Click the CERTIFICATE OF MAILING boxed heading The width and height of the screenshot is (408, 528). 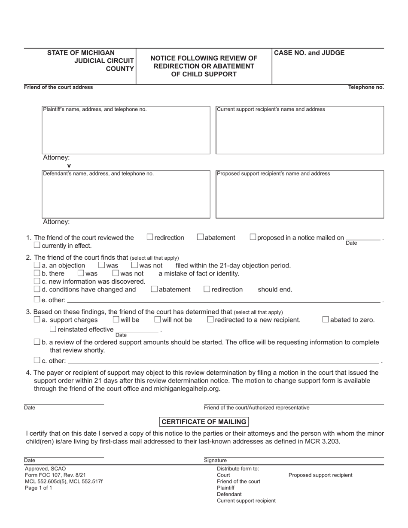coord(204,422)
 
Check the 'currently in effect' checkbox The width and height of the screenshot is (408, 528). coord(37,245)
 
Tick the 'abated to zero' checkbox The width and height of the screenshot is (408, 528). coord(326,319)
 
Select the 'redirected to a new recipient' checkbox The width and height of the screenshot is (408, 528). coord(210,319)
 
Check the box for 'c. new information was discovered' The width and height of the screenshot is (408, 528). coord(37,281)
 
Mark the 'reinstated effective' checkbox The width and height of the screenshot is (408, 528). coord(53,329)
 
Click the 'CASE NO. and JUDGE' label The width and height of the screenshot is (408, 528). coord(309,53)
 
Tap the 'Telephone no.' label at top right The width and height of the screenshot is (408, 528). coord(366,87)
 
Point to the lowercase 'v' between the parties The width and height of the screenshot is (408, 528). coord(69,166)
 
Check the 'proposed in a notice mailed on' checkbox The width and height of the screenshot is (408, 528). coord(253,237)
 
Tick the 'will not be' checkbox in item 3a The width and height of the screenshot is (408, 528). coord(158,319)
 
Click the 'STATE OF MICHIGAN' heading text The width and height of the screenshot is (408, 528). coord(81,53)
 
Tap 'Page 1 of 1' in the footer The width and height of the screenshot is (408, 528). coord(39,488)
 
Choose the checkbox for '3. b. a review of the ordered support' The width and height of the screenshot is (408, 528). coord(37,342)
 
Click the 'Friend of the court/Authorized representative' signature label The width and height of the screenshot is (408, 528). coord(256,408)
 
